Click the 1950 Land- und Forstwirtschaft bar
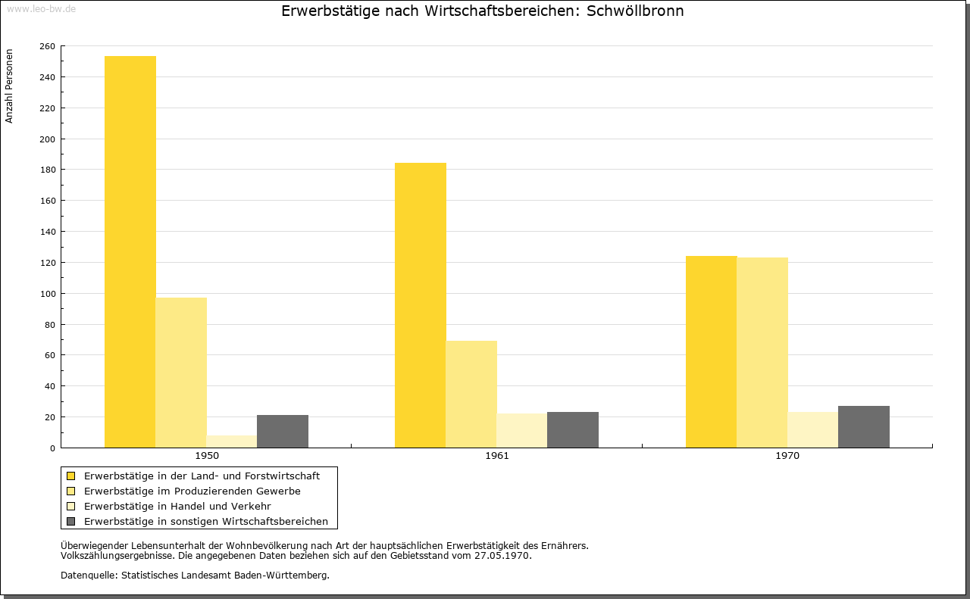point(130,252)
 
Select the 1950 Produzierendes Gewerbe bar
point(181,373)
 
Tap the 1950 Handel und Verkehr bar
point(232,441)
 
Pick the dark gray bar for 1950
point(283,432)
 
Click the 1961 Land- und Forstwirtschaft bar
point(421,305)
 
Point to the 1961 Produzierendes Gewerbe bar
point(471,395)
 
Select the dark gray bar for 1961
point(573,430)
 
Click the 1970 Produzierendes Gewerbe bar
point(762,353)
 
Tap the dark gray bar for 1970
point(864,427)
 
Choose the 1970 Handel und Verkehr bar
point(813,430)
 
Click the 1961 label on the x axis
point(497,456)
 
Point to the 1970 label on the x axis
point(787,456)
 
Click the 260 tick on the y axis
point(48,46)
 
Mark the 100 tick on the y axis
point(48,294)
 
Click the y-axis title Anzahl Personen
point(9,86)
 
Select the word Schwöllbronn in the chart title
point(635,11)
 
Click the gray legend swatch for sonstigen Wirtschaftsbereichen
point(71,522)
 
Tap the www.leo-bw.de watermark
point(41,9)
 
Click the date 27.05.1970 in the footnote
point(502,556)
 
